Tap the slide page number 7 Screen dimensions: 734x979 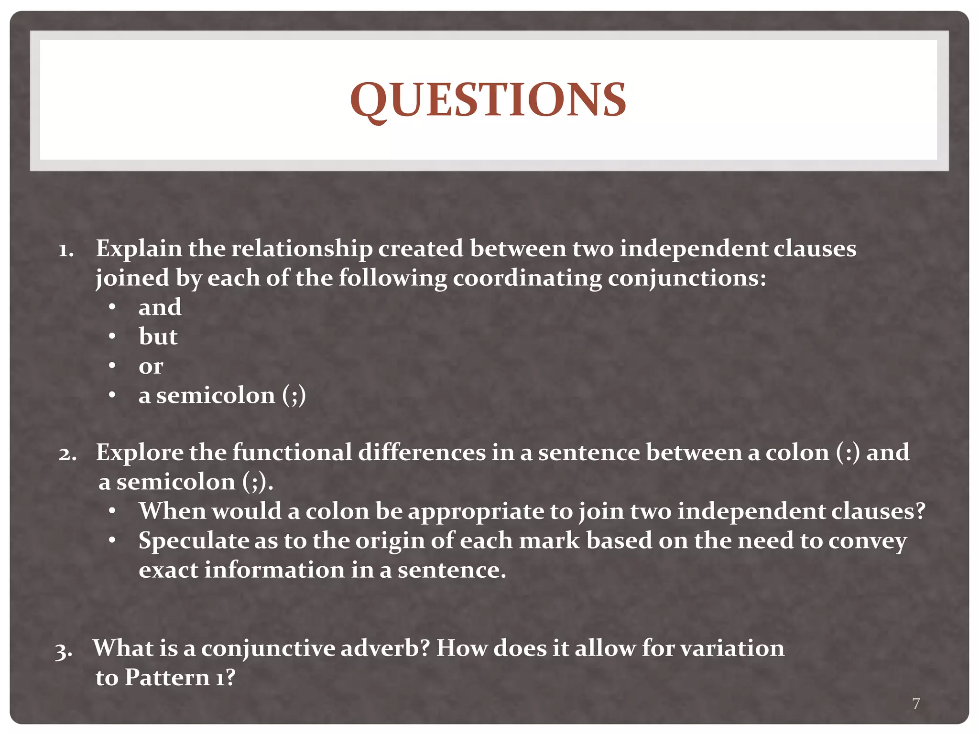coord(916,703)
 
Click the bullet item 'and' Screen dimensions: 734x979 coord(160,307)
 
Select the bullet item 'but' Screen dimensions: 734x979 coord(158,336)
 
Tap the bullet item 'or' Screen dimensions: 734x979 coord(151,367)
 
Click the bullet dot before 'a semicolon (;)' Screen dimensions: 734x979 coord(112,395)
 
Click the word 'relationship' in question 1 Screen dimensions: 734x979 coord(302,249)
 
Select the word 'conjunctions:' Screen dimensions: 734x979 coord(686,278)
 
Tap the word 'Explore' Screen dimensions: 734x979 coord(139,453)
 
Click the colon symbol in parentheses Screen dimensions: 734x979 coord(848,453)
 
